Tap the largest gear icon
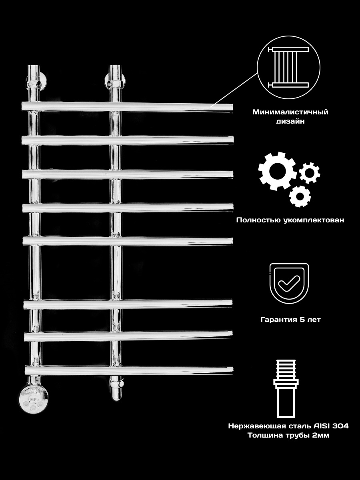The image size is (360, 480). [278, 171]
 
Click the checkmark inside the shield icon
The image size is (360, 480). [289, 283]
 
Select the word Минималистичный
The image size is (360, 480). [290, 112]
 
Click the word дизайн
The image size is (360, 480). [290, 121]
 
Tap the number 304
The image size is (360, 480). [341, 426]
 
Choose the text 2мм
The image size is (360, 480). [321, 435]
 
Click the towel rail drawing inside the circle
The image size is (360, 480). [288, 67]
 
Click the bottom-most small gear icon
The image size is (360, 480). [300, 196]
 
